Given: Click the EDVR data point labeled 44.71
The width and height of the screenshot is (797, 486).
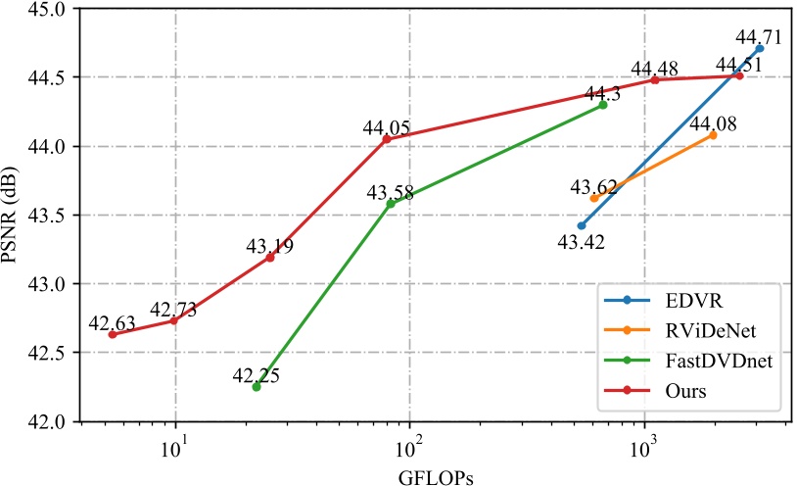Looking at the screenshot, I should pos(760,48).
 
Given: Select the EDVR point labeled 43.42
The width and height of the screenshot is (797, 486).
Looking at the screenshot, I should pos(582,225).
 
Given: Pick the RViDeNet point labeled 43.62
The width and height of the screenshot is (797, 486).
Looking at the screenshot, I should pos(594,198).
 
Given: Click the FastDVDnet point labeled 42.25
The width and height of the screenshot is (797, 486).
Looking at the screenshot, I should pos(257,387).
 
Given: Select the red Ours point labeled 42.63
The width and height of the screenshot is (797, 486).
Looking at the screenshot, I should pos(113,334).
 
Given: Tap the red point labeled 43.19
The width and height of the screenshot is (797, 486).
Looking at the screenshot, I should pos(270,257).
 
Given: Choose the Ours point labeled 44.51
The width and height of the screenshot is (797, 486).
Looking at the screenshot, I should pos(739,75).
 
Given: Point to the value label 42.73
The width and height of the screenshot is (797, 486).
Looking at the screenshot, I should pos(174,310).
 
